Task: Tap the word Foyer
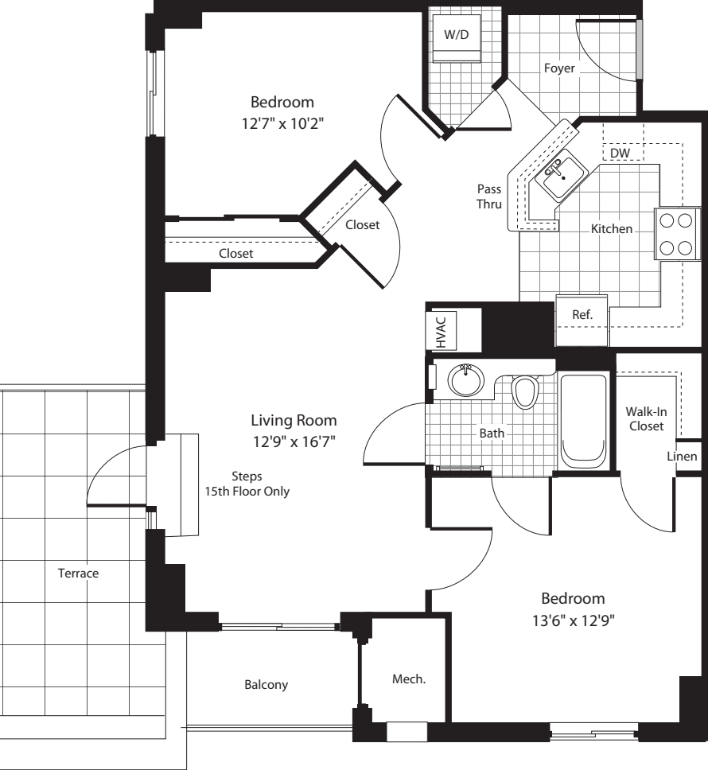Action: coord(559,68)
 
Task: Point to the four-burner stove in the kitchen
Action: coord(675,232)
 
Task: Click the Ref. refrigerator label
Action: coord(582,315)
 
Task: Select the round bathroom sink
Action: coord(465,380)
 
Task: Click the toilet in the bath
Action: coord(525,391)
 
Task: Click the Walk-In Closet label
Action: coord(646,418)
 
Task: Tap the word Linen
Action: coord(683,457)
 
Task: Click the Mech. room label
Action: coord(409,679)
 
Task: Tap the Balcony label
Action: coord(266,684)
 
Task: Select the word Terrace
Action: coord(77,573)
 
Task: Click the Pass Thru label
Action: coord(488,196)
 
